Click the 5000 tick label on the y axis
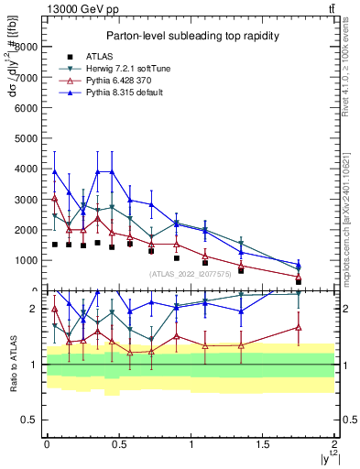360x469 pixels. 28,138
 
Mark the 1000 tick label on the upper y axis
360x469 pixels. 28,260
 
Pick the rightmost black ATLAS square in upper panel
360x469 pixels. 299,281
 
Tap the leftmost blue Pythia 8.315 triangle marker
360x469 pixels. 55,171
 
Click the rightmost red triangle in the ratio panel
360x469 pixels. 299,327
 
